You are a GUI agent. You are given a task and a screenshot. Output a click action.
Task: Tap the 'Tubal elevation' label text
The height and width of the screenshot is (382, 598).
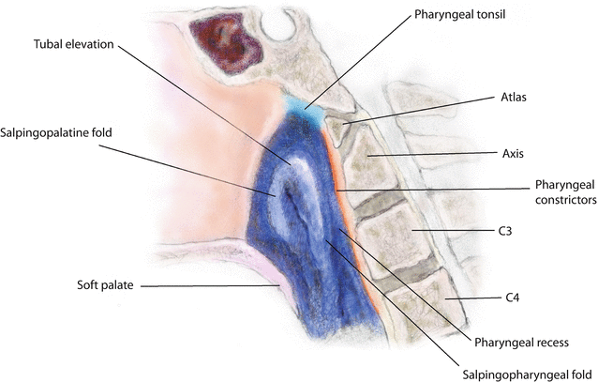72,43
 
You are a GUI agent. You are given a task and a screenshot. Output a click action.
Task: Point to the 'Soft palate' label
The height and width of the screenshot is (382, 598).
106,283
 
